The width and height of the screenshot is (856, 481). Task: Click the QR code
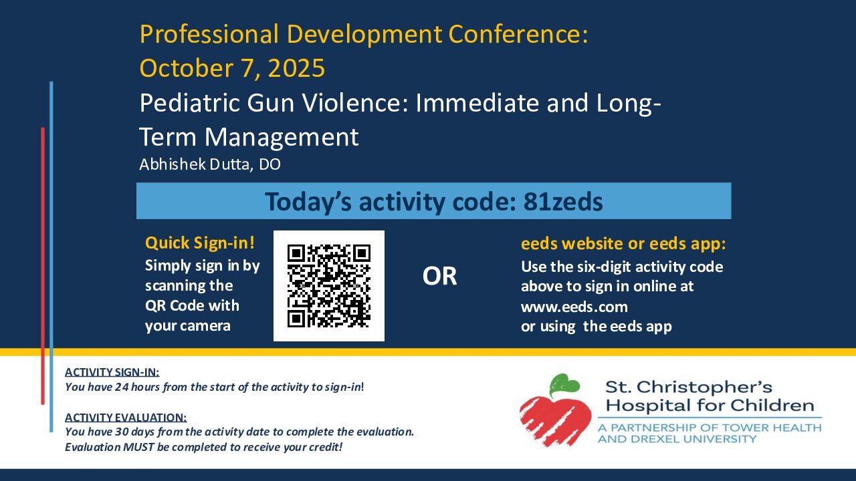click(328, 286)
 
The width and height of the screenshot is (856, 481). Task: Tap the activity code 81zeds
click(563, 202)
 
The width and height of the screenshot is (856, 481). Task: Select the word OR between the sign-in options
click(439, 276)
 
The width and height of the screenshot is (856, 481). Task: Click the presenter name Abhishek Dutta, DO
click(210, 164)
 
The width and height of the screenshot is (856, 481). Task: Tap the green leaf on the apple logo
click(564, 385)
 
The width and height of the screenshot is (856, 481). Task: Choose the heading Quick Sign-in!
click(200, 243)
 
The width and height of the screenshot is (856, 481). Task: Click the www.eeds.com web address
click(574, 307)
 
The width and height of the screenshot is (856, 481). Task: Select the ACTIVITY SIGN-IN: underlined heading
click(112, 372)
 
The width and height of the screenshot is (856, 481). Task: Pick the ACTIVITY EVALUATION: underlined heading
click(126, 418)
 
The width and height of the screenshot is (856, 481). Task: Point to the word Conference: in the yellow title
click(518, 34)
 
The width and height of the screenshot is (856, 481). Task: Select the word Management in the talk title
click(282, 137)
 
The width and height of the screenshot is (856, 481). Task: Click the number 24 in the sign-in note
click(122, 387)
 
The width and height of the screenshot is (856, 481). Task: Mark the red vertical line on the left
click(43, 266)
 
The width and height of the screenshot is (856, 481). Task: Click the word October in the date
click(187, 68)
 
